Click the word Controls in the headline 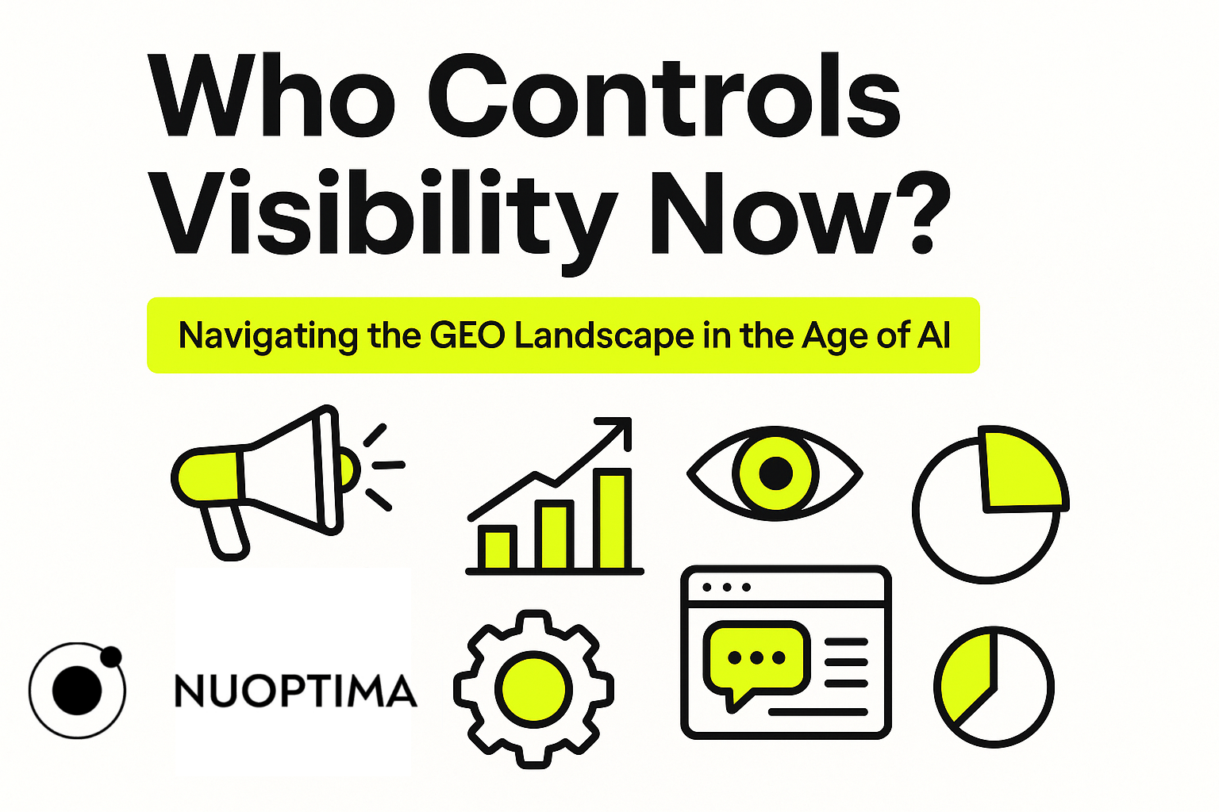point(664,95)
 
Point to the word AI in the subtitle point(934,335)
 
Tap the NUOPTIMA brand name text point(295,691)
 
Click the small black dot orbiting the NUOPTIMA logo point(111,657)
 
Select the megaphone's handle point(225,533)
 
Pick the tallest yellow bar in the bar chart point(612,521)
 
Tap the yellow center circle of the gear point(533,689)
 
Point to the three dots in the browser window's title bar point(726,588)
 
